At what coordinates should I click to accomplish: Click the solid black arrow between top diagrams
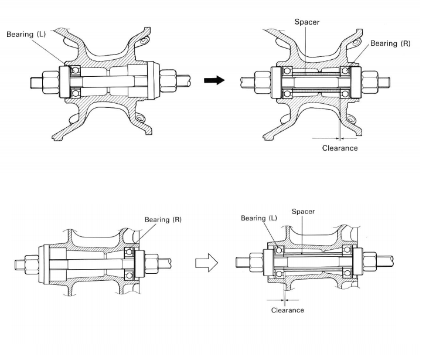(x=214, y=80)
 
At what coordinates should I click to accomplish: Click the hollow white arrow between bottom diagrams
(x=207, y=263)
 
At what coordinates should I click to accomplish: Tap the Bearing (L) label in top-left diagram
(x=26, y=34)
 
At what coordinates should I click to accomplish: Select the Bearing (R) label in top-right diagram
(x=390, y=43)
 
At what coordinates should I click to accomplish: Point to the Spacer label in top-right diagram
(x=307, y=22)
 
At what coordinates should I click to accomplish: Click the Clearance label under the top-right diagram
(x=340, y=148)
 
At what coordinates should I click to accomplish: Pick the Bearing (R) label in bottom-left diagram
(x=163, y=219)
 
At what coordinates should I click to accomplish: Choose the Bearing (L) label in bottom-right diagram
(x=259, y=218)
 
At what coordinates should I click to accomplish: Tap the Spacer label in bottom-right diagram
(x=303, y=212)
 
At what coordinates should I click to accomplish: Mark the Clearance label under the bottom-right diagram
(x=288, y=310)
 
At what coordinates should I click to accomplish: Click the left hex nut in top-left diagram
(x=50, y=82)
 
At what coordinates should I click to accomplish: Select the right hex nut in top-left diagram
(x=168, y=81)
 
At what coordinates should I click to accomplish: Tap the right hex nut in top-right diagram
(x=370, y=82)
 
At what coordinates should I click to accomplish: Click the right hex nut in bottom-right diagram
(x=370, y=262)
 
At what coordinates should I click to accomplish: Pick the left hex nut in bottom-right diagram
(x=256, y=262)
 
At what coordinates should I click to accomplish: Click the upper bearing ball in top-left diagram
(x=75, y=70)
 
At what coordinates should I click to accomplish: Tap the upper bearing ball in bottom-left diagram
(x=129, y=252)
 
